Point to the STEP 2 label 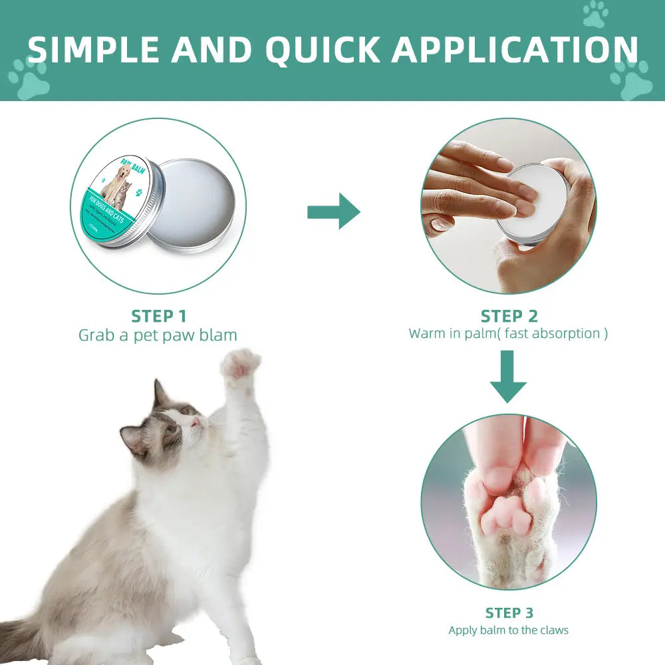click(x=509, y=316)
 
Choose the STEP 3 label click(x=509, y=612)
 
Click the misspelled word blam click(x=219, y=334)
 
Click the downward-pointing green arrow click(x=508, y=376)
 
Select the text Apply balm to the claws click(x=509, y=630)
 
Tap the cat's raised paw click(x=240, y=364)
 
